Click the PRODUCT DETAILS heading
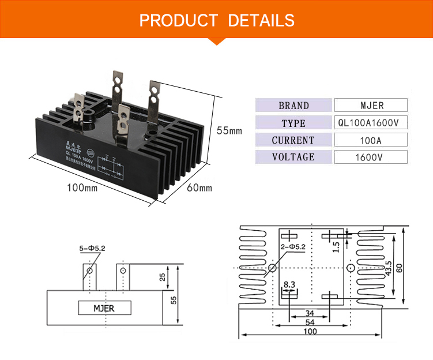[x=217, y=20]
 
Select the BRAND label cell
[x=293, y=106]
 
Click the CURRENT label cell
[x=293, y=140]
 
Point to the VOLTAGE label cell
[x=293, y=157]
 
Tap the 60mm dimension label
[x=200, y=187]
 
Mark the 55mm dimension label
[x=229, y=130]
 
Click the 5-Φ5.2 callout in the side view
[x=92, y=249]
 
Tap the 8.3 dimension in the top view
[x=289, y=284]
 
